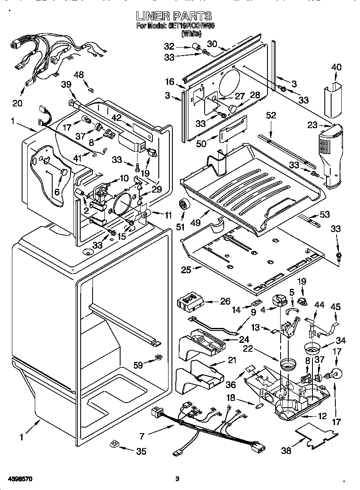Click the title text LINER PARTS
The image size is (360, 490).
[174, 16]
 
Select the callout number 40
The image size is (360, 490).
[336, 67]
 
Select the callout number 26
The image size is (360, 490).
[225, 302]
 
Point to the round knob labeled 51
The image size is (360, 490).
[185, 204]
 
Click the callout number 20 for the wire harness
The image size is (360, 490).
[17, 103]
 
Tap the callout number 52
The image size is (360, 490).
[271, 115]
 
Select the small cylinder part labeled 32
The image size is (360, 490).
[196, 47]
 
